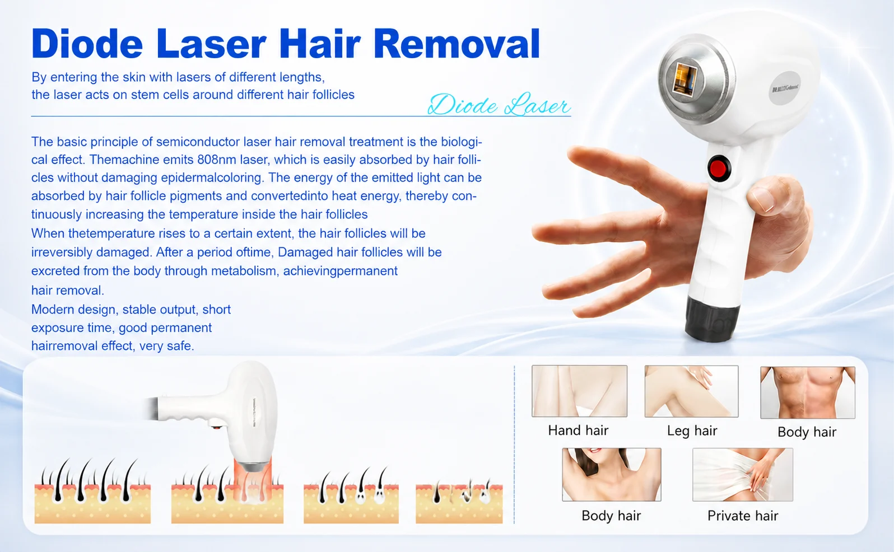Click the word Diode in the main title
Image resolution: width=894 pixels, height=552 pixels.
(87, 44)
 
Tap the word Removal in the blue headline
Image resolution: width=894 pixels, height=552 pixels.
(457, 44)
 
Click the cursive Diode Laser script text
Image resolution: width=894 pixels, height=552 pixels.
(499, 105)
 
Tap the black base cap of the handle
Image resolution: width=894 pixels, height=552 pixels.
(711, 319)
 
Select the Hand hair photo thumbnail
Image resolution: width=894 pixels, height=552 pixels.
(580, 391)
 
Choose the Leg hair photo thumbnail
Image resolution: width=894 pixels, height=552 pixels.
(691, 391)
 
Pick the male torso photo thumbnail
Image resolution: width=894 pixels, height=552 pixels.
(808, 392)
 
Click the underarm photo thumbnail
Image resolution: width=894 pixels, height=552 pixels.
(612, 474)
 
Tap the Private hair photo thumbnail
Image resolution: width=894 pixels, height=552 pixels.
(743, 474)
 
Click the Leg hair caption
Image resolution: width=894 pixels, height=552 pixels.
(692, 431)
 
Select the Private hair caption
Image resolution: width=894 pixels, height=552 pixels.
(743, 516)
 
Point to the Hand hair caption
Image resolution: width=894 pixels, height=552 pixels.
(578, 431)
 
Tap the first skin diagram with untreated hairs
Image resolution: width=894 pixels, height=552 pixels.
(92, 491)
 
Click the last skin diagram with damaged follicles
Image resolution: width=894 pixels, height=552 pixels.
(459, 500)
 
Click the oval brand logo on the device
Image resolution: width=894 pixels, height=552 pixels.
(785, 88)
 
